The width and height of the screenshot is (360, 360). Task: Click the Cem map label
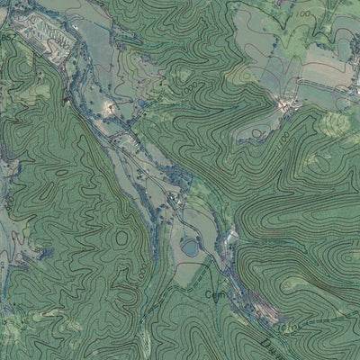tap(213, 293)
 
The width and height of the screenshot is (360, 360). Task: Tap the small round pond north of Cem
tap(190, 245)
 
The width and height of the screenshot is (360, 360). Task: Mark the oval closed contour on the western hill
tap(58, 171)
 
